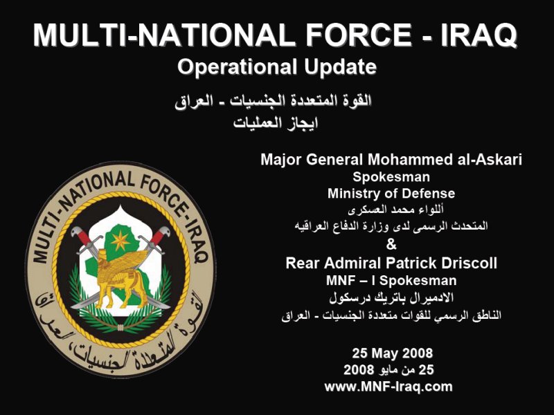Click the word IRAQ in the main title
point(479,35)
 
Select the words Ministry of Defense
point(391,194)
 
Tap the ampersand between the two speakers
point(391,244)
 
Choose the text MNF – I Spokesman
point(391,281)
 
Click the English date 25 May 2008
point(392,353)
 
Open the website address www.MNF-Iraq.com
point(388,387)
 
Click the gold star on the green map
point(120,241)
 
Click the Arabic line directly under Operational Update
point(273,102)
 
